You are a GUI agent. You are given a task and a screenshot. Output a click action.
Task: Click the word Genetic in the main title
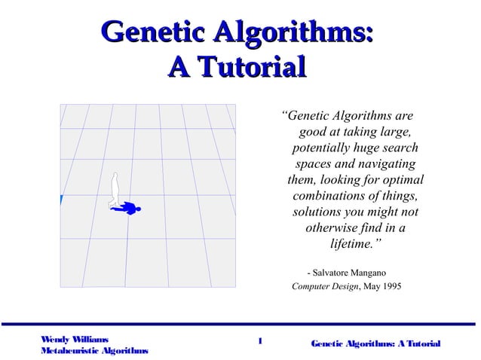pos(150,33)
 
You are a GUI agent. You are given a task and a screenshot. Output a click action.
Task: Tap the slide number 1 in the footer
pos(259,340)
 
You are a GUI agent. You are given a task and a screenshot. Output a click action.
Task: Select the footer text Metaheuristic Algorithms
pos(94,352)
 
